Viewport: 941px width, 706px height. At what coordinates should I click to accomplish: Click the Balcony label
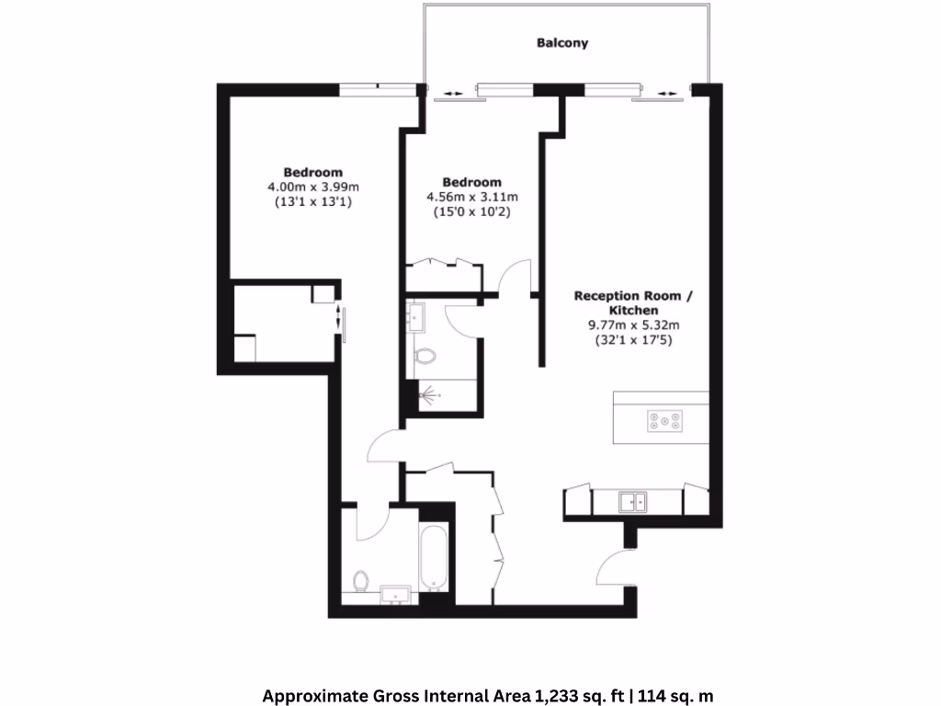pyautogui.click(x=561, y=43)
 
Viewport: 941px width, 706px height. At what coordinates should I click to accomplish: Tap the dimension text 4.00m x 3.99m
pyautogui.click(x=312, y=187)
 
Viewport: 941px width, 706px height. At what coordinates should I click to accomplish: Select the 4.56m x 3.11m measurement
pyautogui.click(x=471, y=197)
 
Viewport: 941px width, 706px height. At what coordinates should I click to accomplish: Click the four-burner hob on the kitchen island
pyautogui.click(x=664, y=421)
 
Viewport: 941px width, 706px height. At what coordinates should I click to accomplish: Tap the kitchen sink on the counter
pyautogui.click(x=632, y=501)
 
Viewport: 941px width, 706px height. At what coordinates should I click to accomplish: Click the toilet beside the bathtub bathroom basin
pyautogui.click(x=361, y=581)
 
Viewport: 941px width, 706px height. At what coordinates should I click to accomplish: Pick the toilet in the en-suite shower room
pyautogui.click(x=425, y=355)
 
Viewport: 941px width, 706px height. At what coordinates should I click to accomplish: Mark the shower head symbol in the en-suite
pyautogui.click(x=426, y=395)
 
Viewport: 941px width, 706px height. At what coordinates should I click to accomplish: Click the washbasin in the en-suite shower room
pyautogui.click(x=416, y=318)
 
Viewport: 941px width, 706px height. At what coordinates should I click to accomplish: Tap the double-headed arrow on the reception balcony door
pyautogui.click(x=668, y=93)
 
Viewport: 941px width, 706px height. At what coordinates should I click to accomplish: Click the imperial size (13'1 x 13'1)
pyautogui.click(x=312, y=201)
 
